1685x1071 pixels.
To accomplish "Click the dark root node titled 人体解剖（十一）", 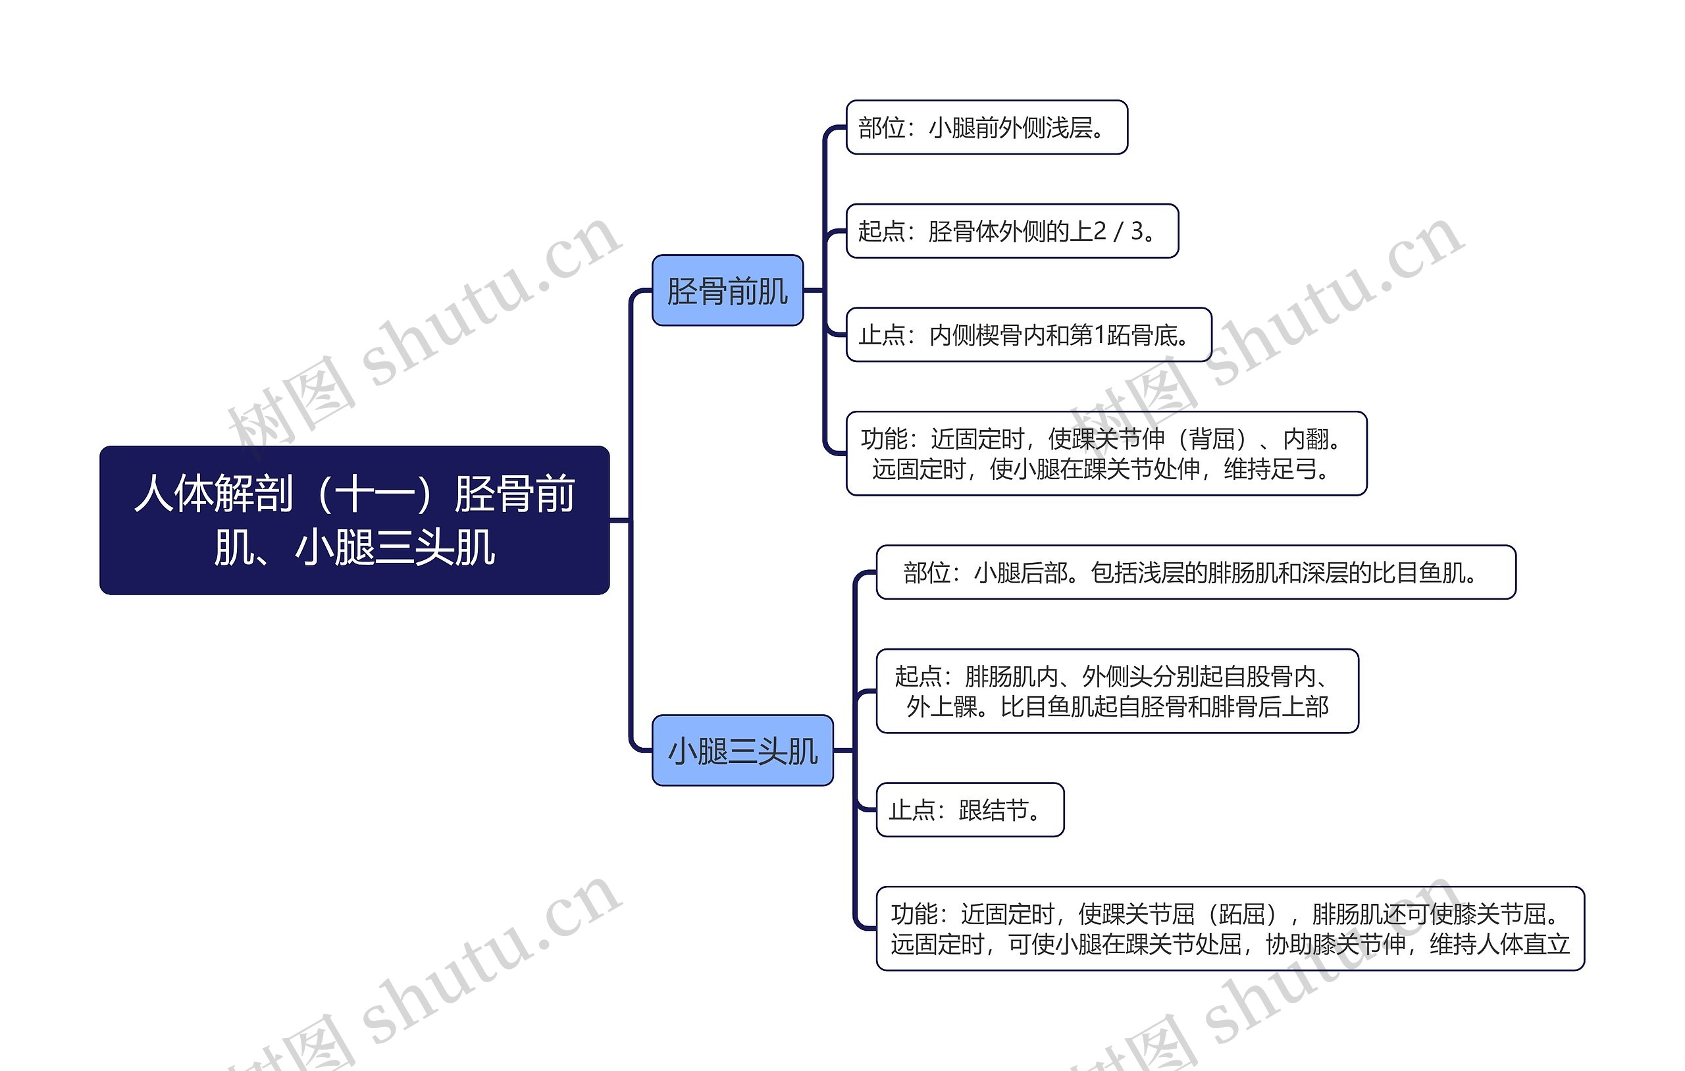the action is click(354, 519).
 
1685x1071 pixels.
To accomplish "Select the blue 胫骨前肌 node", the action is click(727, 290).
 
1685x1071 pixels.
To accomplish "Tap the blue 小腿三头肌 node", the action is click(742, 750).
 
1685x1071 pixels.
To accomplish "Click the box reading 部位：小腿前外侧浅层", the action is click(986, 128).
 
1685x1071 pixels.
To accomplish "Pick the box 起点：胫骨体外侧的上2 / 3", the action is click(1012, 231).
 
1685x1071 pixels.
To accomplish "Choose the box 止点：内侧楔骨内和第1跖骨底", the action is click(1028, 334).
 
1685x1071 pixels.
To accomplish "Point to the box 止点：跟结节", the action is click(969, 810).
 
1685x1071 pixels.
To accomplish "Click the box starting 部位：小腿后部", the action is click(1195, 573).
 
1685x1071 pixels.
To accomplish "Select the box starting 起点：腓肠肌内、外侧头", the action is click(1117, 691).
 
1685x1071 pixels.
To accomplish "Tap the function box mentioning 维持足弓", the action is click(1106, 454).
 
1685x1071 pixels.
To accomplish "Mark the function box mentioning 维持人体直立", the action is click(1230, 929).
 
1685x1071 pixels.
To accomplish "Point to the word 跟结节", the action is click(994, 810).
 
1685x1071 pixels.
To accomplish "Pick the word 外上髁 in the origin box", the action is click(942, 707).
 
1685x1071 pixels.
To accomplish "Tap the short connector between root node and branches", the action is click(619, 520).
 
